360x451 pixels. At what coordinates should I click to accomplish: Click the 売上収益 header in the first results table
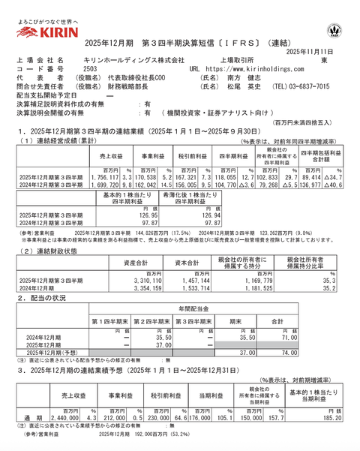pyautogui.click(x=110, y=158)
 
